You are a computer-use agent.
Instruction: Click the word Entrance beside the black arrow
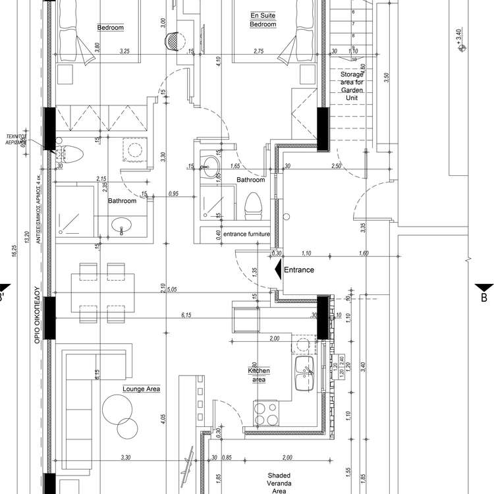[x=299, y=269]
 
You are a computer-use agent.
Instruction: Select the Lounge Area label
[x=142, y=389]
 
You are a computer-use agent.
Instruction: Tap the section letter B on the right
[x=483, y=298]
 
